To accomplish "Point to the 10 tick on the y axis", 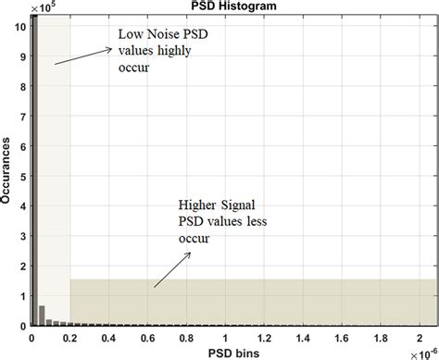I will [x=20, y=27].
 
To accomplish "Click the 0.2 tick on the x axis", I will [x=70, y=337].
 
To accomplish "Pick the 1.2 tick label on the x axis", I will [x=265, y=337].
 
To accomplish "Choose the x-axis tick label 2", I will [x=421, y=337].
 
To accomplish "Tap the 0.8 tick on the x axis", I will [x=187, y=337].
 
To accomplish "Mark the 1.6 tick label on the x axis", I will [x=344, y=337].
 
